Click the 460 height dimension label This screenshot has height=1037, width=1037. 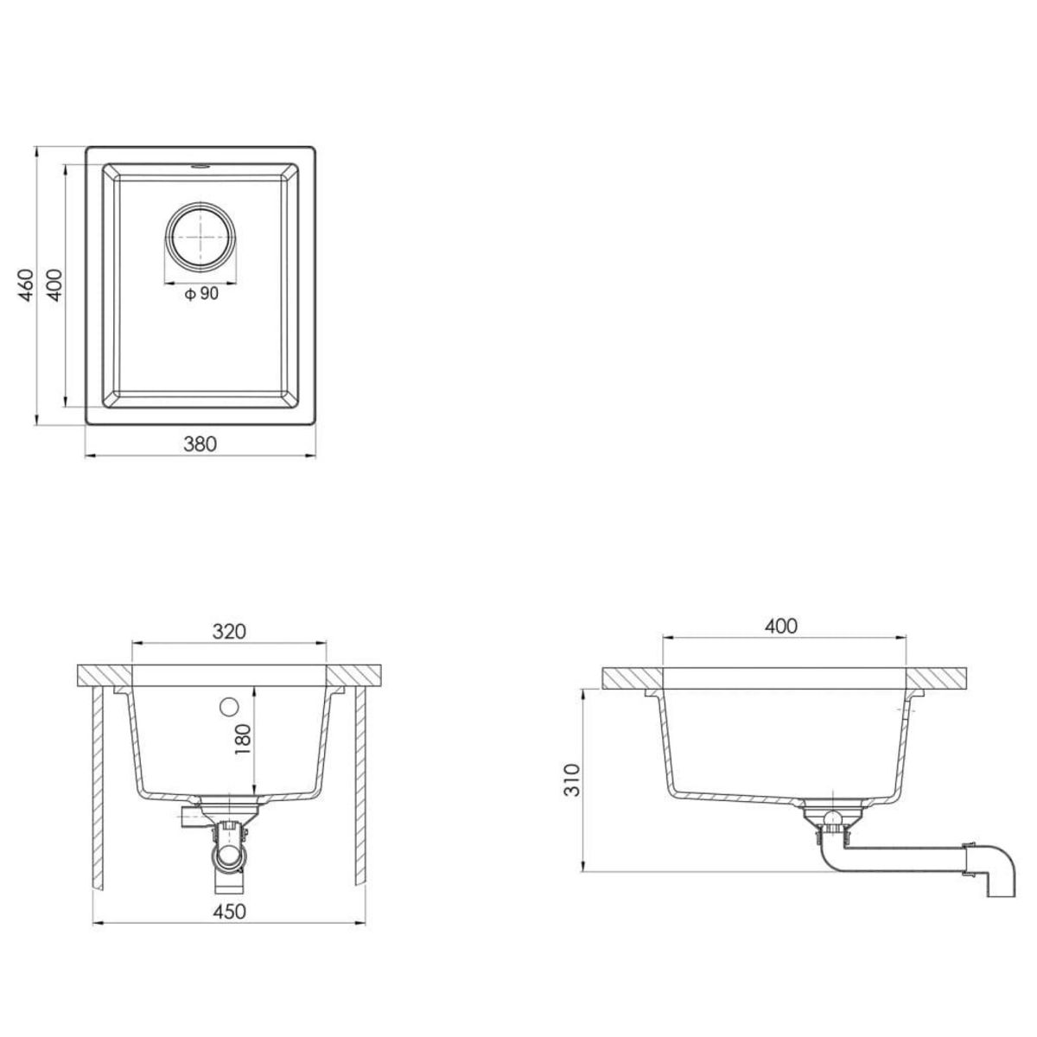[26, 285]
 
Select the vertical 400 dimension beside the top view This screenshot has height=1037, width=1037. [54, 285]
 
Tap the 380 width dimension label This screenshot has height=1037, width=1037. [200, 443]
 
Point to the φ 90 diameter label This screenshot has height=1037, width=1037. [200, 295]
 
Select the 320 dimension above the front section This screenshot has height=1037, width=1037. [229, 631]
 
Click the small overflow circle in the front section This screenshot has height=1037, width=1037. [229, 706]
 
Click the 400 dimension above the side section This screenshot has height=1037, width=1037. [782, 626]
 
